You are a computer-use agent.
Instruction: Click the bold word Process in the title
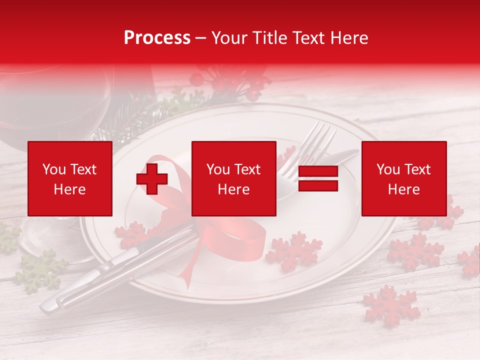point(157,38)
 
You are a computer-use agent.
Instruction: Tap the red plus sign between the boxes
point(152,178)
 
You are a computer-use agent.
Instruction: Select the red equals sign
point(318,178)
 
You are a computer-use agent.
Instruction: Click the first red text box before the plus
point(69,178)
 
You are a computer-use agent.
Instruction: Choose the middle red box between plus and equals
point(233,178)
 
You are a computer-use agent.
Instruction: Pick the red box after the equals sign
point(403,178)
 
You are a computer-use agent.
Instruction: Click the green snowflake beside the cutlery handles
point(40,270)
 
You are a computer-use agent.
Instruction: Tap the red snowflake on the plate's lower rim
point(294,250)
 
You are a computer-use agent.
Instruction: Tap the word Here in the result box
point(403,189)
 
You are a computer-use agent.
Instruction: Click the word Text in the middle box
point(248,169)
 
